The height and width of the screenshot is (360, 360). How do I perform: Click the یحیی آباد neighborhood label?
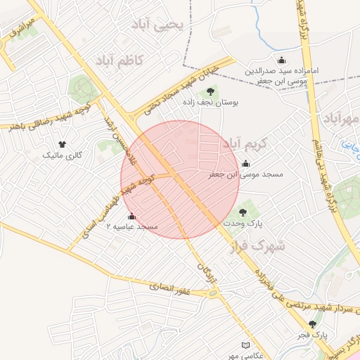tap(161, 25)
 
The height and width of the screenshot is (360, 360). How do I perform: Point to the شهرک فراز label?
tap(258, 246)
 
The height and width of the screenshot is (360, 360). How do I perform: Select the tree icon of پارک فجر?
tap(313, 324)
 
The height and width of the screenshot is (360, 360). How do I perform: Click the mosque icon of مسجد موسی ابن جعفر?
tap(245, 164)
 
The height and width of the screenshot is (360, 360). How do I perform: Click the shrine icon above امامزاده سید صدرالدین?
tap(282, 60)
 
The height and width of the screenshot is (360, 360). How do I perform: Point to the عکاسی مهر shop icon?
tap(245, 345)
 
